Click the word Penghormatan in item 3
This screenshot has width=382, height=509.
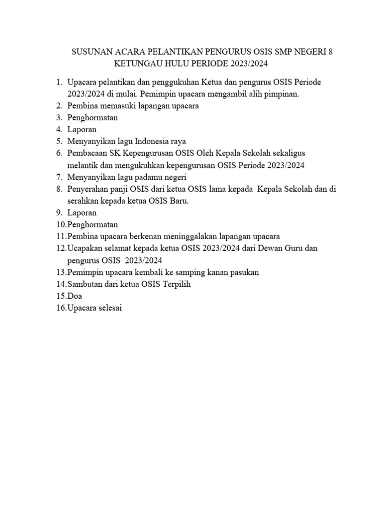coord(93,118)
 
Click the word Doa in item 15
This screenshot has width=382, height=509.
coord(75,296)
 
